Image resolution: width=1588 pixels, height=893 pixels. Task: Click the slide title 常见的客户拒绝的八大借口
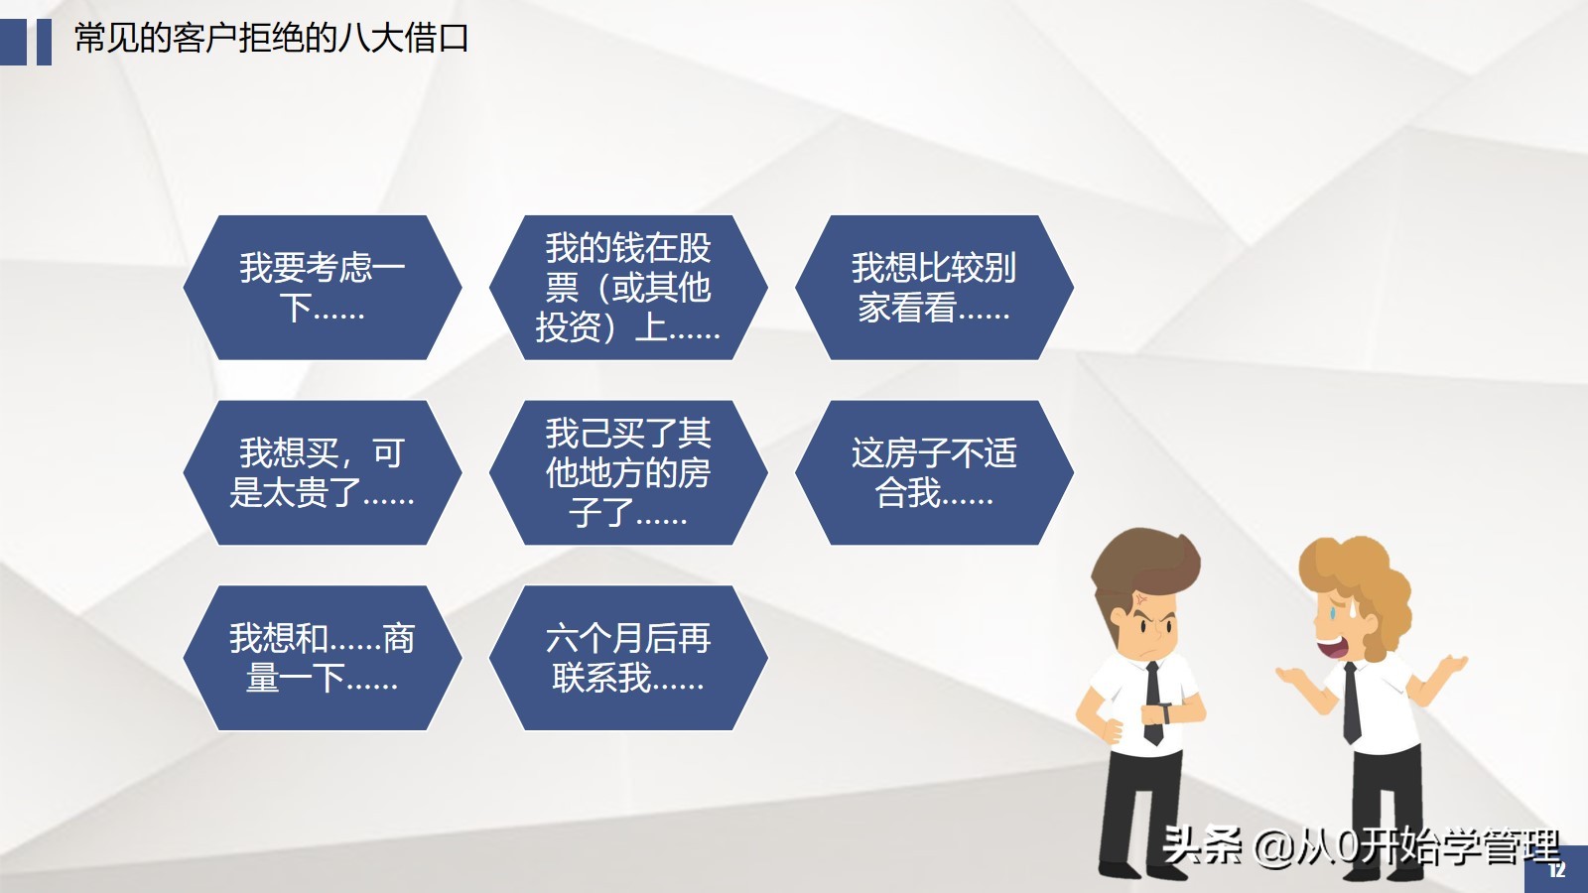[271, 39]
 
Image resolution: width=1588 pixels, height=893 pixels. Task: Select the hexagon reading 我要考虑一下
[323, 288]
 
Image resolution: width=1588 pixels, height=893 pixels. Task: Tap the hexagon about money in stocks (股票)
[628, 288]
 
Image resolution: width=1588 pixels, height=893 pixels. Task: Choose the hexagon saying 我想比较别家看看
[934, 288]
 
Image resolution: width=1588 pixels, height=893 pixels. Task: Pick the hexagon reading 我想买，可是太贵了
[323, 472]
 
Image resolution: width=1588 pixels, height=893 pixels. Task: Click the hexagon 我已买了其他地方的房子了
[628, 472]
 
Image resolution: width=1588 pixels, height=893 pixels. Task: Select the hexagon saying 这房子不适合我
[934, 472]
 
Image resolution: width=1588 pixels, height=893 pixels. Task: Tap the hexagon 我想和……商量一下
[323, 658]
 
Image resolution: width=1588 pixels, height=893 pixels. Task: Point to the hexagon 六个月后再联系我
[628, 658]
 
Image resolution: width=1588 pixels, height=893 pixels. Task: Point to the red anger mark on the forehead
[1142, 599]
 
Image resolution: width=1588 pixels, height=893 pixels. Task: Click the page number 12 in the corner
[1557, 870]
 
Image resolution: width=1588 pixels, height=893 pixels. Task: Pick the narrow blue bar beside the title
[44, 42]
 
